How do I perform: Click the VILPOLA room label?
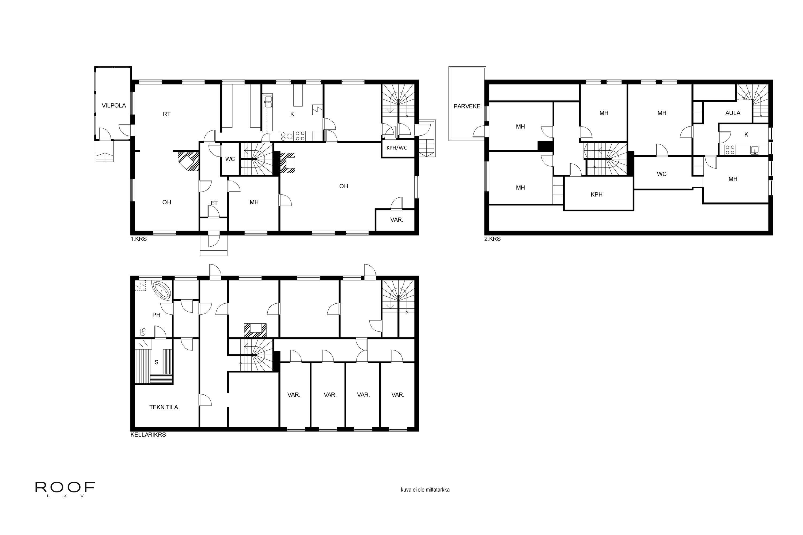114,105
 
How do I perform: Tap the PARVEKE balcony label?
467,106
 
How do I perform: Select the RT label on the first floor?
166,114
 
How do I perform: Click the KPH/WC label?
397,148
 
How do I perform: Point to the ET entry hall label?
214,203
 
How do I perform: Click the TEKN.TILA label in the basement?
164,407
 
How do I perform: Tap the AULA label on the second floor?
733,113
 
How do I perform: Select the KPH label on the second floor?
596,194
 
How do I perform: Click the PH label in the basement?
156,315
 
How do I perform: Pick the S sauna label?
156,362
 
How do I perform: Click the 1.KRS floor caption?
139,239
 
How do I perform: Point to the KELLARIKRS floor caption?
148,435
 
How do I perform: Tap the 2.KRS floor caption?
492,239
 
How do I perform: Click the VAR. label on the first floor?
397,220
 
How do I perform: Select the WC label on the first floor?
230,159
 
